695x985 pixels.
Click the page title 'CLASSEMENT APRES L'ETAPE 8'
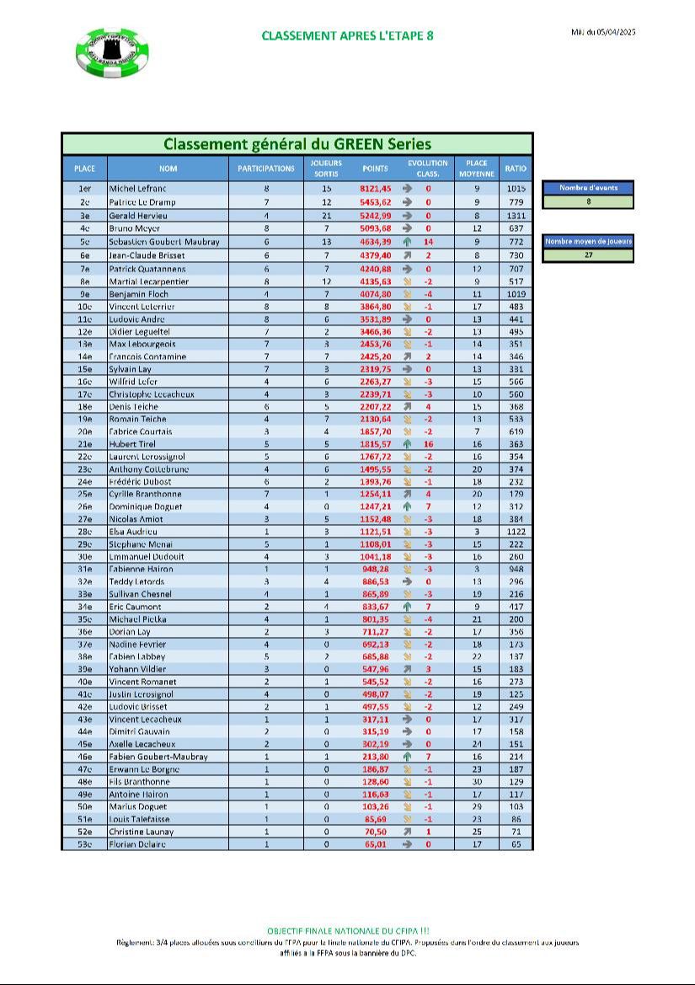[x=347, y=35]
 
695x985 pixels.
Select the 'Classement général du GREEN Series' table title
[x=297, y=144]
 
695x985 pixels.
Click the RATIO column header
[x=516, y=169]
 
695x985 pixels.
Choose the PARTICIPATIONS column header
[x=265, y=169]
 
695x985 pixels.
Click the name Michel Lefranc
[x=138, y=190]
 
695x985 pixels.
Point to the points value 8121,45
[x=376, y=190]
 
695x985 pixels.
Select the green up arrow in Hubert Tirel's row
[x=407, y=444]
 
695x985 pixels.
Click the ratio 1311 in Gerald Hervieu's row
[x=516, y=216]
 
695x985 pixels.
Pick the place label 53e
[x=84, y=843]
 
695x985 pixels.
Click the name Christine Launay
[x=142, y=832]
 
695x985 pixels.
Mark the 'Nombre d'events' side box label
[x=587, y=188]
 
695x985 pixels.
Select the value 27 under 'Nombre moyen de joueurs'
[x=587, y=254]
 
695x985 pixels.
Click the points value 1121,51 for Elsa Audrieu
[x=376, y=532]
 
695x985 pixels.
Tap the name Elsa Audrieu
[x=133, y=532]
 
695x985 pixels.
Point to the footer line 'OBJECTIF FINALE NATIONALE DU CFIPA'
[x=347, y=931]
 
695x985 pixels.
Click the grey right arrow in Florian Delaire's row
[x=407, y=843]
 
